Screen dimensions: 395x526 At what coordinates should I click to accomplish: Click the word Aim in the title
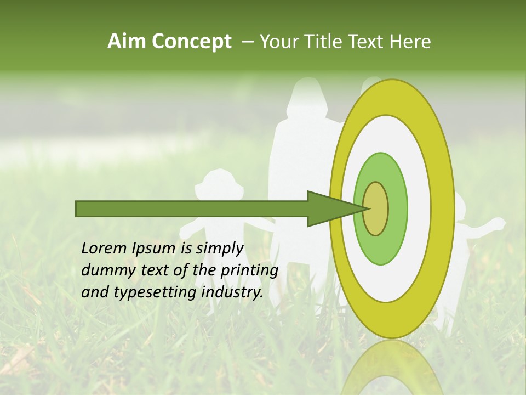[126, 41]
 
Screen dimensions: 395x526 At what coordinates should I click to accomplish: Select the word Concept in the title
[191, 42]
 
